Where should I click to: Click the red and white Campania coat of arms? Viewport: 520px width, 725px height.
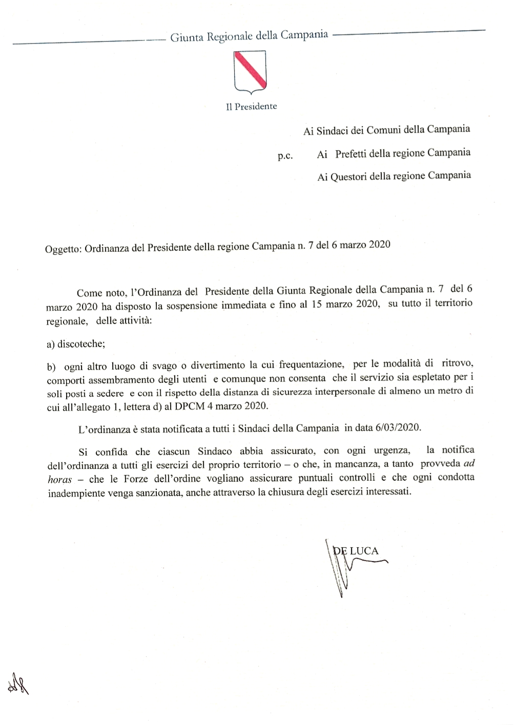point(250,72)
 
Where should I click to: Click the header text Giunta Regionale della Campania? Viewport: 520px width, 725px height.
point(249,36)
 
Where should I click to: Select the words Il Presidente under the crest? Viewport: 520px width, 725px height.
point(252,106)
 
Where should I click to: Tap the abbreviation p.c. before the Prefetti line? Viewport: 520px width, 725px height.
point(285,156)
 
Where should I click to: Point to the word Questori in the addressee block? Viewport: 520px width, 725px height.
point(348,177)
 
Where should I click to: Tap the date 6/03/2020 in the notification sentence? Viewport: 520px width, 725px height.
point(398,427)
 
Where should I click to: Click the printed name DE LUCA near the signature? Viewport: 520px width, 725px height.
point(356,551)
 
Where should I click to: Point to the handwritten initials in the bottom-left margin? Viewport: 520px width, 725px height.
point(17,684)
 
